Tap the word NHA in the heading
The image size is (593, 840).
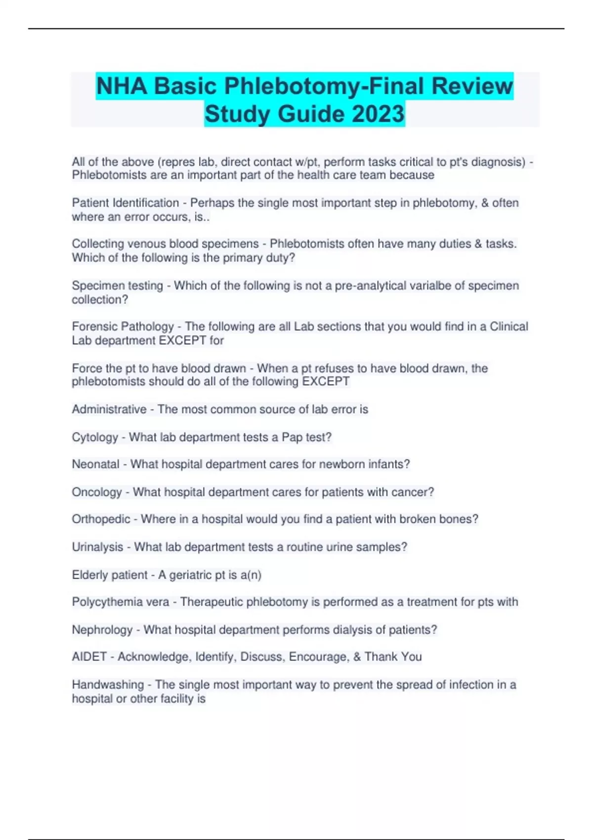click(122, 86)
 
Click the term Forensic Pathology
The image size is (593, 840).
click(123, 327)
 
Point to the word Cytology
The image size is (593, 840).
click(95, 437)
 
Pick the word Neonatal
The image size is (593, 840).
click(95, 464)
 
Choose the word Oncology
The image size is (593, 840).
click(96, 492)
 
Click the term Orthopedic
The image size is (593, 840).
click(101, 519)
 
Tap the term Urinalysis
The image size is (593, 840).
click(97, 547)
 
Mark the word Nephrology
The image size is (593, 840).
click(102, 630)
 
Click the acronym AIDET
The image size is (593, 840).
click(89, 657)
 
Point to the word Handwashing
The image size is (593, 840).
click(108, 685)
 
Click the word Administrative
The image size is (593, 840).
click(109, 410)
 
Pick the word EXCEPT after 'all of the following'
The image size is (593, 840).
click(326, 381)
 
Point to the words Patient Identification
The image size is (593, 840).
click(125, 203)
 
